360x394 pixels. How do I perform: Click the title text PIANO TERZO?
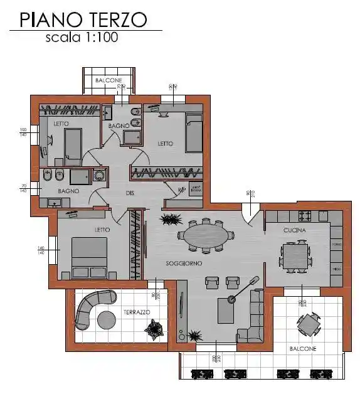(83, 20)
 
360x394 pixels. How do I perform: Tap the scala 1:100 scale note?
(82, 37)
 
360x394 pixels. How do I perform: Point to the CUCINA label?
(294, 231)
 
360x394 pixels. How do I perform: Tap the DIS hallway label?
(130, 193)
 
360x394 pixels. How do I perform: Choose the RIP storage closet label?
(182, 189)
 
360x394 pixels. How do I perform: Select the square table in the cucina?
(295, 256)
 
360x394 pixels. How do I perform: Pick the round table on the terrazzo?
(106, 319)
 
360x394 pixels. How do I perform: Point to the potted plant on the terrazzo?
(152, 327)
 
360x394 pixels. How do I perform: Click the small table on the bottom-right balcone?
(308, 324)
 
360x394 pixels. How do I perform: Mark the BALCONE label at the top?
(109, 81)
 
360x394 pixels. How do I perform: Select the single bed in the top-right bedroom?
(194, 133)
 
